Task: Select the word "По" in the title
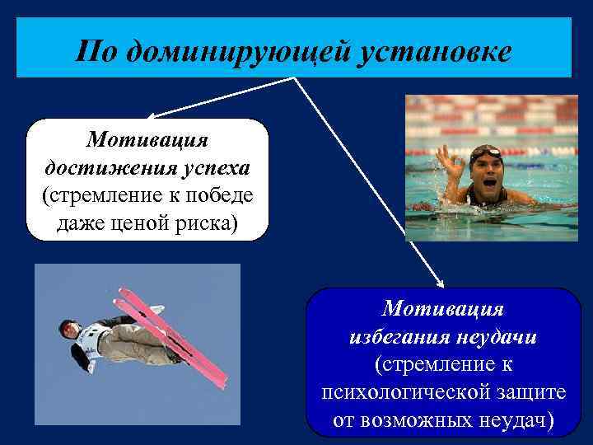pyautogui.click(x=93, y=52)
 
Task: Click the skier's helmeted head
pyautogui.click(x=68, y=328)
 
